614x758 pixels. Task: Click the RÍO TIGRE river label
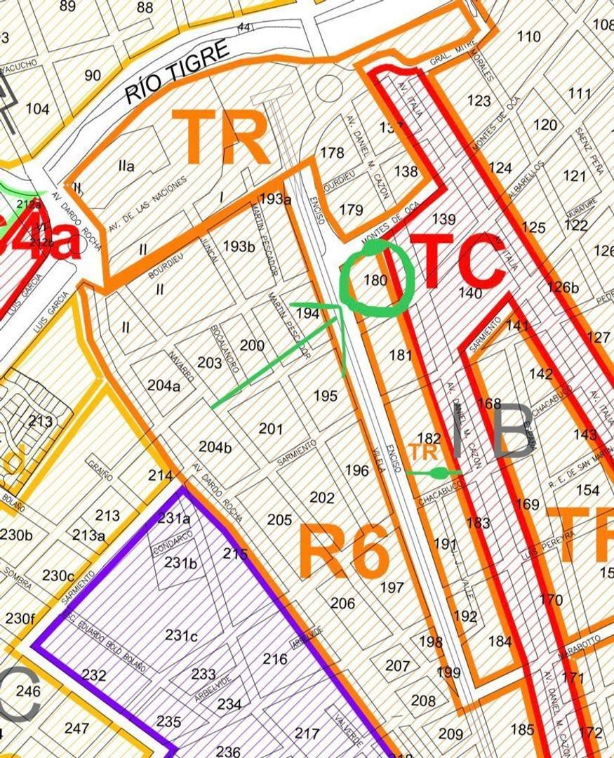click(x=178, y=72)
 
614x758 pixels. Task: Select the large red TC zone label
click(x=457, y=262)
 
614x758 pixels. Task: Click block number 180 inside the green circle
click(x=375, y=280)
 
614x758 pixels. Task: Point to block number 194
click(x=307, y=313)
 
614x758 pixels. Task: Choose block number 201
click(x=271, y=429)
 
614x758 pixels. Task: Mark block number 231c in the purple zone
click(x=181, y=635)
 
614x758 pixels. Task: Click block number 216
click(x=275, y=659)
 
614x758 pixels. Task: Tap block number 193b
click(x=239, y=246)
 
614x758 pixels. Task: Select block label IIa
click(x=126, y=166)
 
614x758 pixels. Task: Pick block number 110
click(x=528, y=36)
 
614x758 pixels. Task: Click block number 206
click(x=342, y=603)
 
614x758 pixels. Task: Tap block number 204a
click(x=163, y=385)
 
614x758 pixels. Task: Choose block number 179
click(x=351, y=210)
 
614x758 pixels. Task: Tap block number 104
click(x=37, y=109)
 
